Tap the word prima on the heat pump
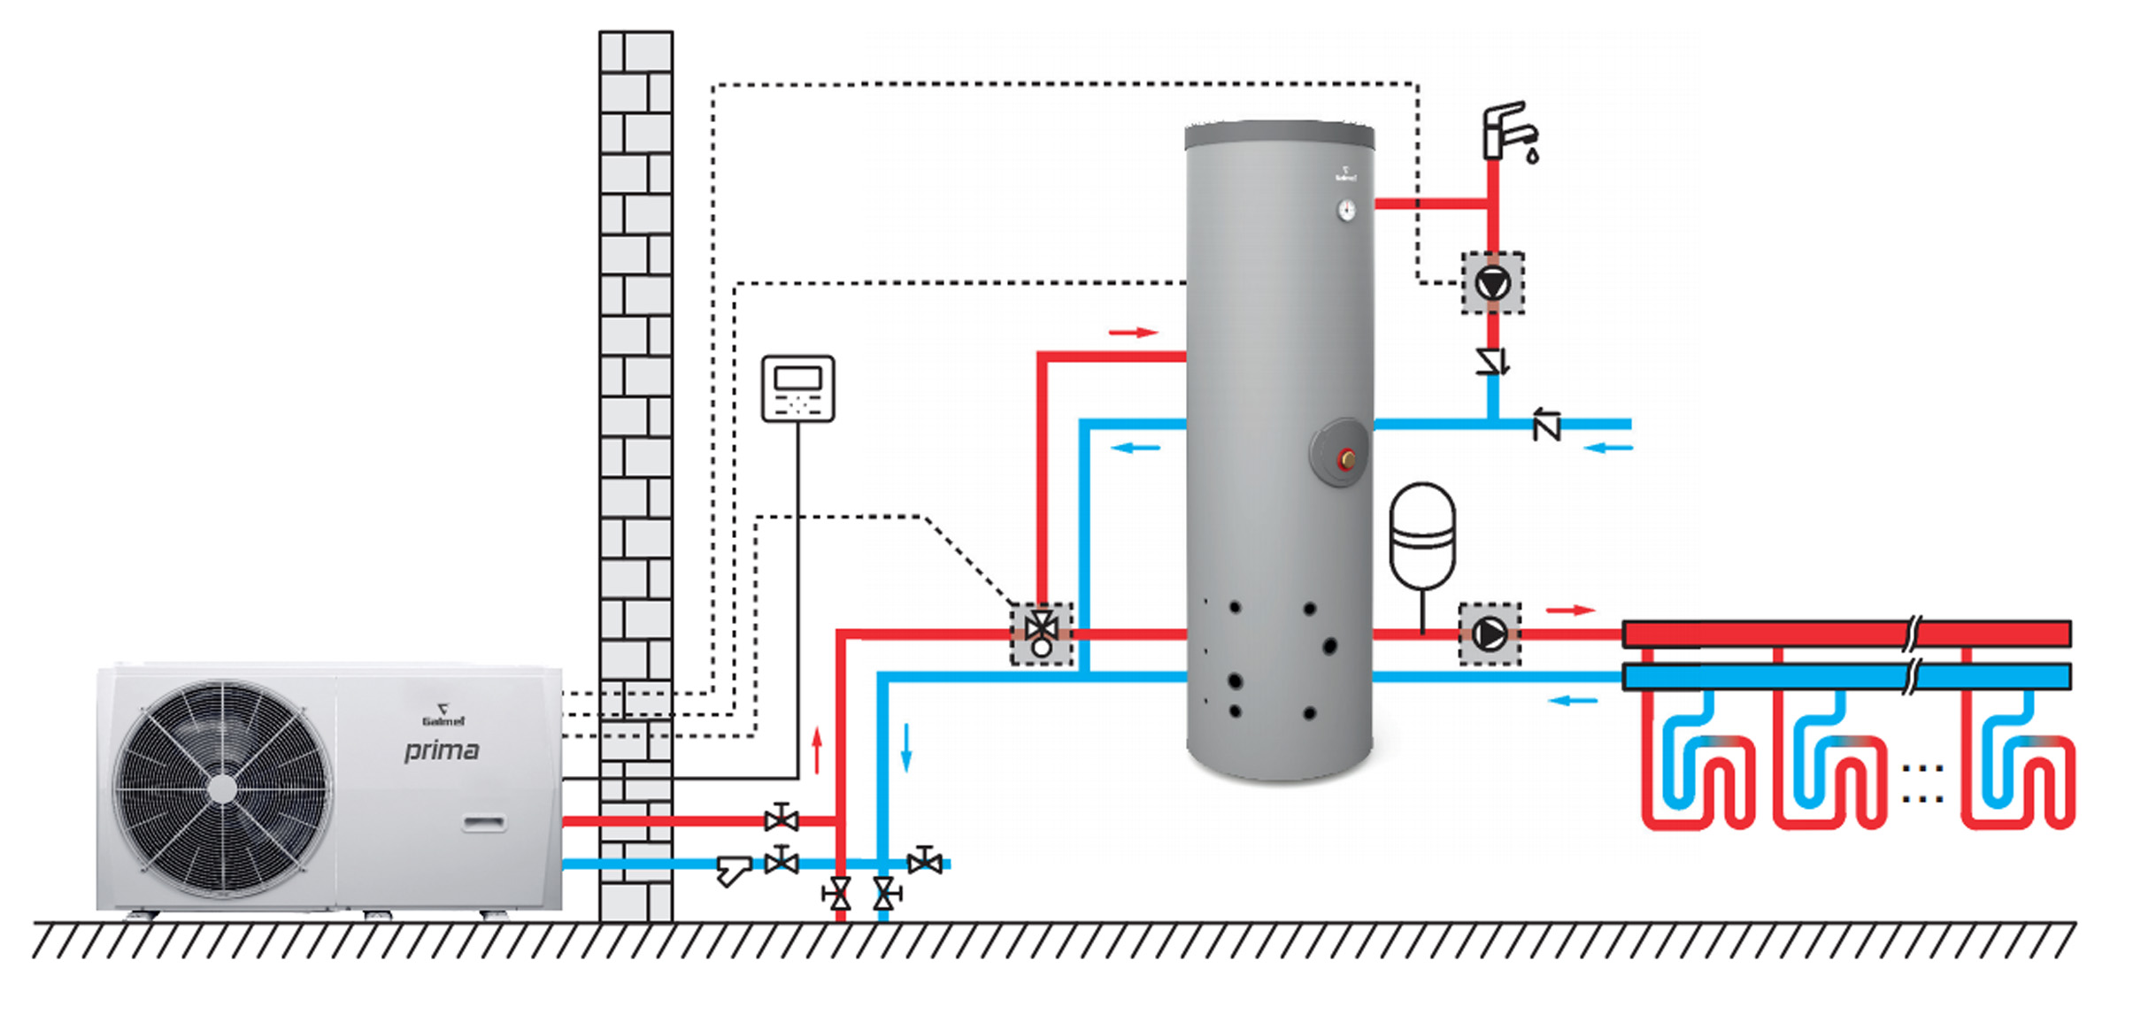[x=442, y=750]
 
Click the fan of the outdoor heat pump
[x=222, y=788]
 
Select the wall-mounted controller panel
[x=797, y=388]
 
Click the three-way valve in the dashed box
[x=1042, y=633]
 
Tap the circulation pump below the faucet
[x=1492, y=283]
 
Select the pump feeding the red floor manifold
[x=1490, y=634]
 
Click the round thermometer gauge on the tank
[x=1346, y=210]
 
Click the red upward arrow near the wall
[x=817, y=750]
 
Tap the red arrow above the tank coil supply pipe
[x=1133, y=333]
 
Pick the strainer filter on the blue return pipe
[x=732, y=871]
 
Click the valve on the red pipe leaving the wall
[x=781, y=819]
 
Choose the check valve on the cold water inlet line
[x=1546, y=426]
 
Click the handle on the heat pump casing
[x=484, y=824]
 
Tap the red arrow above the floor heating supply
[x=1569, y=610]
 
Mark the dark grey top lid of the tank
[x=1279, y=135]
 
